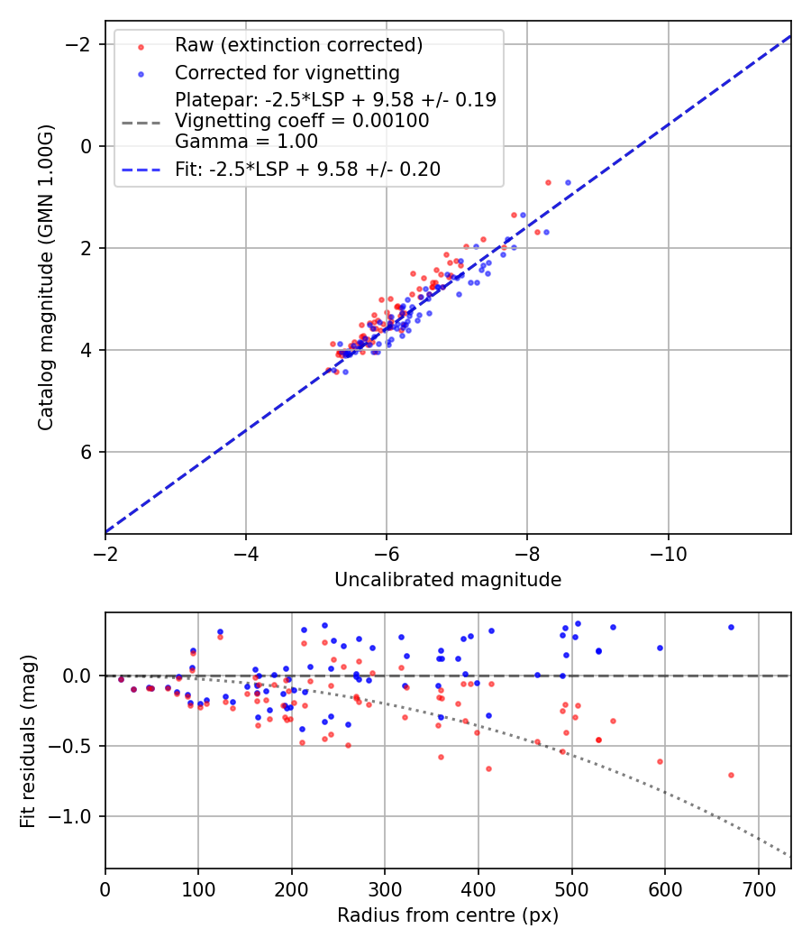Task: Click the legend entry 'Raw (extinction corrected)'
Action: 298,45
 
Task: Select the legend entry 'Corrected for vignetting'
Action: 287,72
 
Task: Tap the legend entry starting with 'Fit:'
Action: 307,170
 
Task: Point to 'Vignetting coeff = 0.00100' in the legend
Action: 302,121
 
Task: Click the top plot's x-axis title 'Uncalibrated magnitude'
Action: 448,580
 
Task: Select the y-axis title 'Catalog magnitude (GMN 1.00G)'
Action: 47,277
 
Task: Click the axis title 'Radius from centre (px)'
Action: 448,915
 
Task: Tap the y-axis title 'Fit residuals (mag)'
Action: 28,740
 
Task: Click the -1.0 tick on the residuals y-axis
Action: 77,816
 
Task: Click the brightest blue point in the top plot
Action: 568,182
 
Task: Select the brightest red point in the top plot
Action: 548,182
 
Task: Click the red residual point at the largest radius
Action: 731,775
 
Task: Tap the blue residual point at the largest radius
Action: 731,627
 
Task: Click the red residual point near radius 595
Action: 660,761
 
